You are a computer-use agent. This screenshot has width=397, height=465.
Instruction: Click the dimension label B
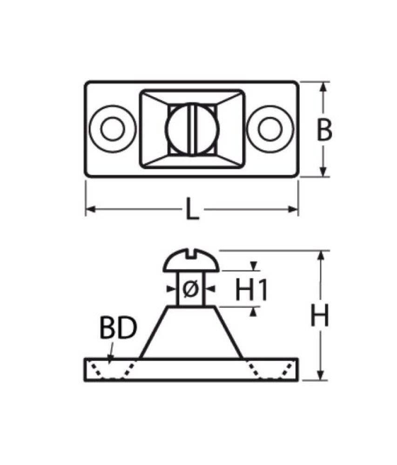pos(324,129)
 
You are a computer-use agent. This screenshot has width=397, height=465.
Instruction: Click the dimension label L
pos(192,210)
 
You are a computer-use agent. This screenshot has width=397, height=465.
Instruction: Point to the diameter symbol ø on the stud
pos(190,289)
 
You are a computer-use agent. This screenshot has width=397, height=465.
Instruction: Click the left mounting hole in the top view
pos(113,129)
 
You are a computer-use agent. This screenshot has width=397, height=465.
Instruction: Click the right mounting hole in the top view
pos(270,129)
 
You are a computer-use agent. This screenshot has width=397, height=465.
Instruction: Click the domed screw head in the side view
pos(191,260)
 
